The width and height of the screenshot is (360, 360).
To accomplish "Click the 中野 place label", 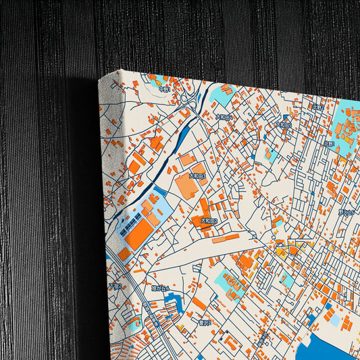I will pos(164,89).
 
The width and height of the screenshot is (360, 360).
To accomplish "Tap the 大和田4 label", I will pos(224,117).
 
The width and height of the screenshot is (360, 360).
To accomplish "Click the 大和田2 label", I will pos(209,221).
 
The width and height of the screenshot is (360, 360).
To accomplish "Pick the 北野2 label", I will pos(317,106).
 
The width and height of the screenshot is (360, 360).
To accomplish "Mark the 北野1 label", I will pos(329,143).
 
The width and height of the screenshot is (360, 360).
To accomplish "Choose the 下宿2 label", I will pos(115,286).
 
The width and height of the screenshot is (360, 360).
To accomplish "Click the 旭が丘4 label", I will pos(161,288).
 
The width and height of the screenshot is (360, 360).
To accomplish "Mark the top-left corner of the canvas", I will pos(99,80).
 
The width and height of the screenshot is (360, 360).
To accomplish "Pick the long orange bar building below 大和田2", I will pos(226,238).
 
